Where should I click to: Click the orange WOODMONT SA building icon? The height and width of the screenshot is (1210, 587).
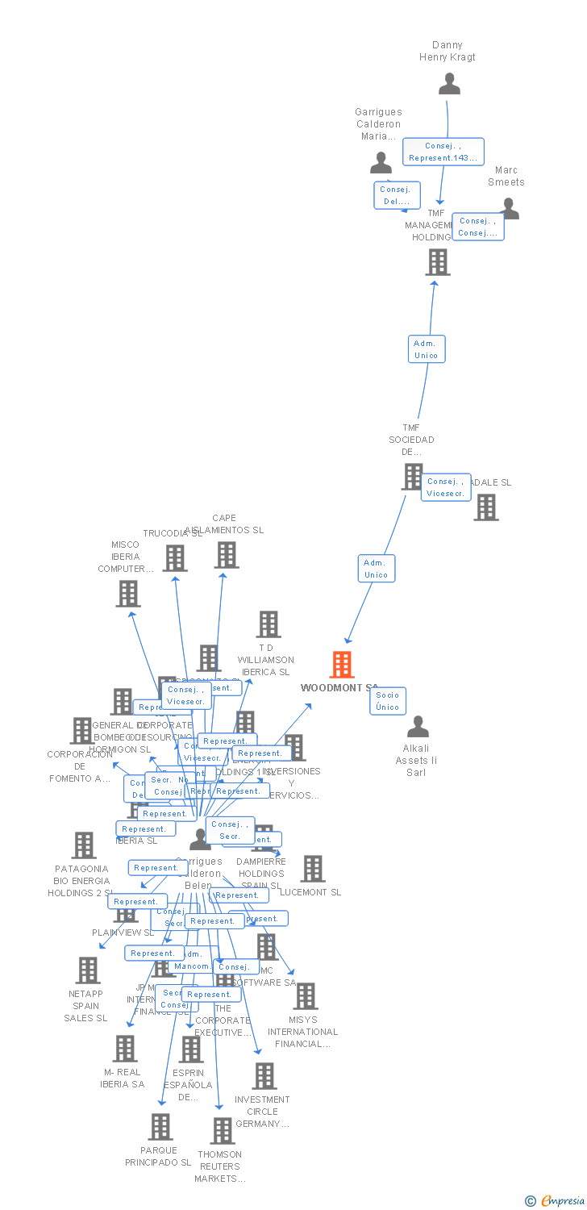342,665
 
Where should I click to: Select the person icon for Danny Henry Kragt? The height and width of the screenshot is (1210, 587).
449,84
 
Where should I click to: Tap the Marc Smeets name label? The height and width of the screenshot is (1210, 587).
506,176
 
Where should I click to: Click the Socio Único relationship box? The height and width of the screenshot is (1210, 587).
387,701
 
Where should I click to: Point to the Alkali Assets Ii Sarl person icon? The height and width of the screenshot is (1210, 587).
418,727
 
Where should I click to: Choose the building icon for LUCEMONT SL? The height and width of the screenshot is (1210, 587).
313,869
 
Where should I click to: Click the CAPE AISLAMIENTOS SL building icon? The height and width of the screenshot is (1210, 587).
227,555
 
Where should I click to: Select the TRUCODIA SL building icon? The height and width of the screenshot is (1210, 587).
175,558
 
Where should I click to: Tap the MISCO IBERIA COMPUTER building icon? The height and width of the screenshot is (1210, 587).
128,594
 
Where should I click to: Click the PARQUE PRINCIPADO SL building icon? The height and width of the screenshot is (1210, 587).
160,1127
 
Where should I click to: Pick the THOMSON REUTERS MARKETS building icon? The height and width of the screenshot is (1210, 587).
222,1131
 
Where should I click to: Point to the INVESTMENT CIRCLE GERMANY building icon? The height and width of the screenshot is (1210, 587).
264,1076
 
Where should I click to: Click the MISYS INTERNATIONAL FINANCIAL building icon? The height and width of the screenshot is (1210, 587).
305,996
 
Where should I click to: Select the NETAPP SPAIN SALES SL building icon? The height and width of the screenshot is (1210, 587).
87,970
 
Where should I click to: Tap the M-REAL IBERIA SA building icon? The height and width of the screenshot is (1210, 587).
124,1049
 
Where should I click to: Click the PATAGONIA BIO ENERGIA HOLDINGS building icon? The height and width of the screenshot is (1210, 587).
83,845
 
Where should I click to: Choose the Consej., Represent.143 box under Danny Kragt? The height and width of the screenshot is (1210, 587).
443,152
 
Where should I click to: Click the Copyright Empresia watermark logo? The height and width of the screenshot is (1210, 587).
556,1201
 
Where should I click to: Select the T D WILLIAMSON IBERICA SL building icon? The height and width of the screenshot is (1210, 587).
269,624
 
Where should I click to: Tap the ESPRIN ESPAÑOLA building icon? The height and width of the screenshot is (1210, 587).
191,1049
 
